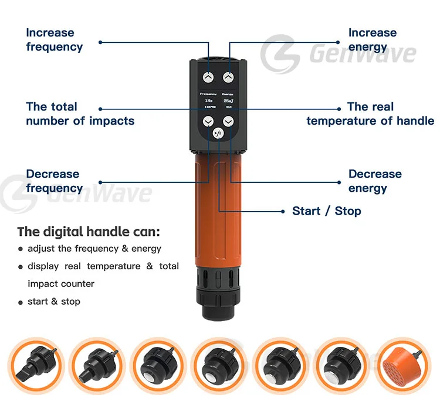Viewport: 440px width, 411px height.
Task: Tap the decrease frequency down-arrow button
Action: [208, 122]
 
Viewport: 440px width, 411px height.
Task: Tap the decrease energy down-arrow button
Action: [229, 122]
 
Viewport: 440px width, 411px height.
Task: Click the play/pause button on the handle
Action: [218, 133]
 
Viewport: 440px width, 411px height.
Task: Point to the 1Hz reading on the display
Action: [208, 101]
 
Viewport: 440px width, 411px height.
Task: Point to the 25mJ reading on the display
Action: [228, 101]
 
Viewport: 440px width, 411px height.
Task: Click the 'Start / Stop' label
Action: [326, 210]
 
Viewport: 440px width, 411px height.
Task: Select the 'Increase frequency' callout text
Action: [55, 39]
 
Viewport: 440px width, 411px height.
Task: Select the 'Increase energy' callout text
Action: [372, 39]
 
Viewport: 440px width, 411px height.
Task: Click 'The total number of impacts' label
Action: [80, 114]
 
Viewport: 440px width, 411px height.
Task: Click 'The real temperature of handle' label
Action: [370, 114]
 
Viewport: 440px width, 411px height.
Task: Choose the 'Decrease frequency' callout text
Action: [54, 181]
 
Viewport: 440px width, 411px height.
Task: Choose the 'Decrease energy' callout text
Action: [375, 181]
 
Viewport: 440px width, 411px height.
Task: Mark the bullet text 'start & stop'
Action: [54, 301]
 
